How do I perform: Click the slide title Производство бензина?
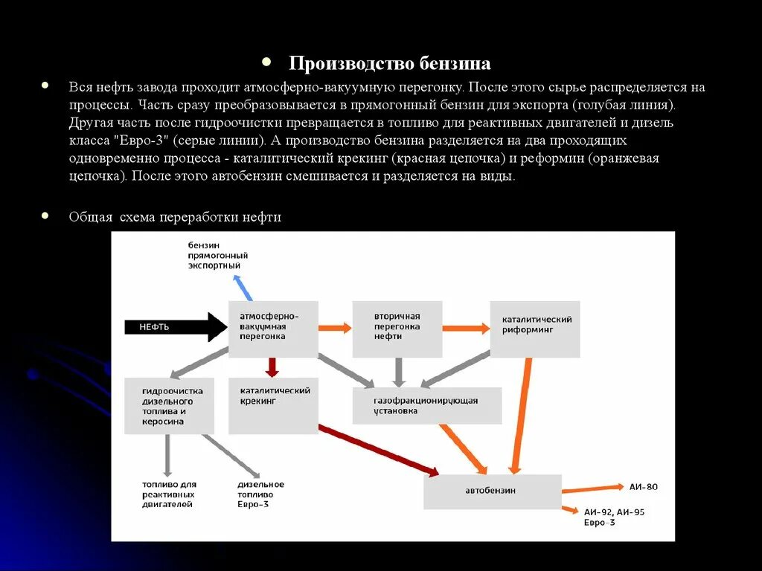389,63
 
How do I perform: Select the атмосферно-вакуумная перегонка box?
273,328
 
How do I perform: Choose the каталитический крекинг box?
273,406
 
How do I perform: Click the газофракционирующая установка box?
426,406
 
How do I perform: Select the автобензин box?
492,491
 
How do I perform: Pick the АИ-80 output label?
643,487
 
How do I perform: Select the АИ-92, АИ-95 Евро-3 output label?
614,517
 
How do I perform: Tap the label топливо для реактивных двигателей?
169,494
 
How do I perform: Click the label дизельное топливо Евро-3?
260,494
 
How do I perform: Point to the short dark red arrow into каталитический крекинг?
272,367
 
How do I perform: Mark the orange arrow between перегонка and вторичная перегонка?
335,327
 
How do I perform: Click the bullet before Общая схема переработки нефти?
46,216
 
